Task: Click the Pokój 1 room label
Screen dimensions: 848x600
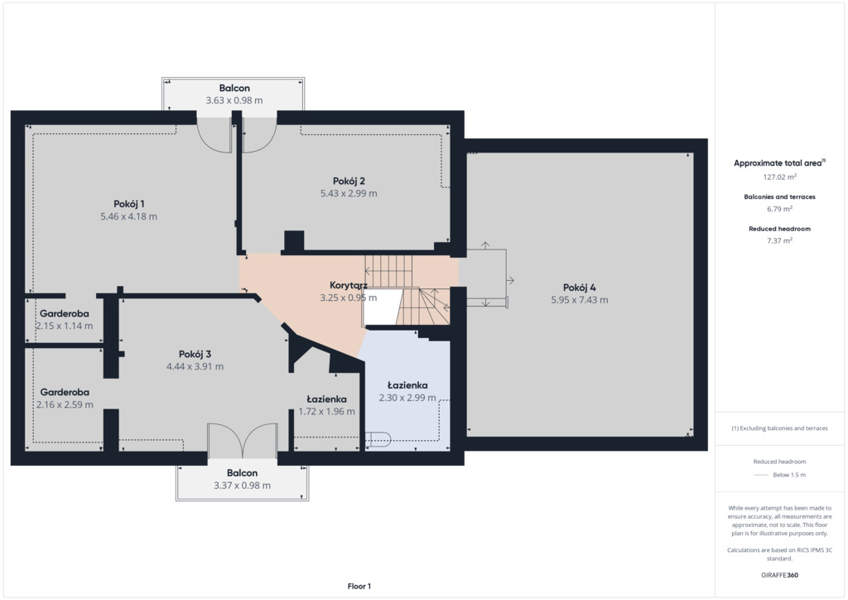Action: pyautogui.click(x=128, y=204)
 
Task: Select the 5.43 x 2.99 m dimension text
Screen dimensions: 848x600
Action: pyautogui.click(x=349, y=193)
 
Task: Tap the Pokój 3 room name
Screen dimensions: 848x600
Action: pyautogui.click(x=195, y=355)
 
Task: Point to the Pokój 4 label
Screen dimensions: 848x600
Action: pyautogui.click(x=579, y=288)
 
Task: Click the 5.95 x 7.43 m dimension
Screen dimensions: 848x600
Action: pyautogui.click(x=579, y=300)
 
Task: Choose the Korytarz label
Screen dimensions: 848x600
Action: pyautogui.click(x=349, y=285)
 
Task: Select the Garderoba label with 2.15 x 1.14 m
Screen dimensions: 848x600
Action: pyautogui.click(x=65, y=313)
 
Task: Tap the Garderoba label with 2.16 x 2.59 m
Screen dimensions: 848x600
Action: pyautogui.click(x=65, y=392)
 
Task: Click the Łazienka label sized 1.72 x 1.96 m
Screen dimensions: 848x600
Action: pyautogui.click(x=326, y=399)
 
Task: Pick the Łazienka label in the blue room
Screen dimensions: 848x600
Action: pyautogui.click(x=407, y=385)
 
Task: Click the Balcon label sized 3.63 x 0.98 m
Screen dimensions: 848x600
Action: pyautogui.click(x=234, y=88)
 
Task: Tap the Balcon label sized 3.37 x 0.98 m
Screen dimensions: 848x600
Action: pyautogui.click(x=242, y=473)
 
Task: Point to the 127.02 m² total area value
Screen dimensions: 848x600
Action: pyautogui.click(x=779, y=177)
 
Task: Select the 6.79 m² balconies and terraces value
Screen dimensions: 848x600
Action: pyautogui.click(x=779, y=209)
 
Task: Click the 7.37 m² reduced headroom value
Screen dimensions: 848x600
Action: pyautogui.click(x=779, y=241)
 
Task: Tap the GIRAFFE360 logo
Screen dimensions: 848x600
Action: pyautogui.click(x=779, y=575)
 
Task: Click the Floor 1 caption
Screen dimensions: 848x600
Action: pyautogui.click(x=359, y=586)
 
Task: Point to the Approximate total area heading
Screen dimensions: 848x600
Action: pyautogui.click(x=778, y=163)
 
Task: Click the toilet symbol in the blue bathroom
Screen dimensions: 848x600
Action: pyautogui.click(x=378, y=438)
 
